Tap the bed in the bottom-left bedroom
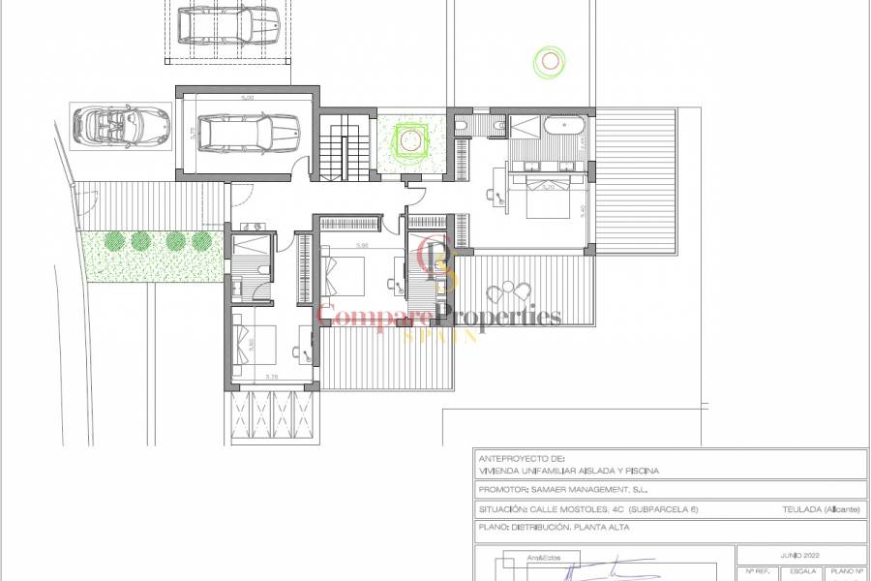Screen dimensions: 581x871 tap(255, 343)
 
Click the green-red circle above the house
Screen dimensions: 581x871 tap(550, 62)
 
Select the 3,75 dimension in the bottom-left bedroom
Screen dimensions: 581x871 tap(272, 377)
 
